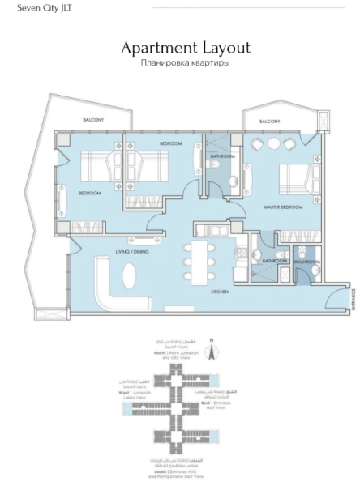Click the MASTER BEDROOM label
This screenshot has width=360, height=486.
pyautogui.click(x=283, y=208)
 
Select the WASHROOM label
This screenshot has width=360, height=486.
pyautogui.click(x=306, y=262)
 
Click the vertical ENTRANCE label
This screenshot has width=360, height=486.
pyautogui.click(x=354, y=299)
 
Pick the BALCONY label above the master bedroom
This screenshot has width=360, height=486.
pyautogui.click(x=270, y=121)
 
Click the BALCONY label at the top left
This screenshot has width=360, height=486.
pyautogui.click(x=93, y=120)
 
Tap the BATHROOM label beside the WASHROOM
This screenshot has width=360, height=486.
pyautogui.click(x=273, y=261)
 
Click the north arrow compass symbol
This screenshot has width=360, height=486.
pyautogui.click(x=209, y=352)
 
